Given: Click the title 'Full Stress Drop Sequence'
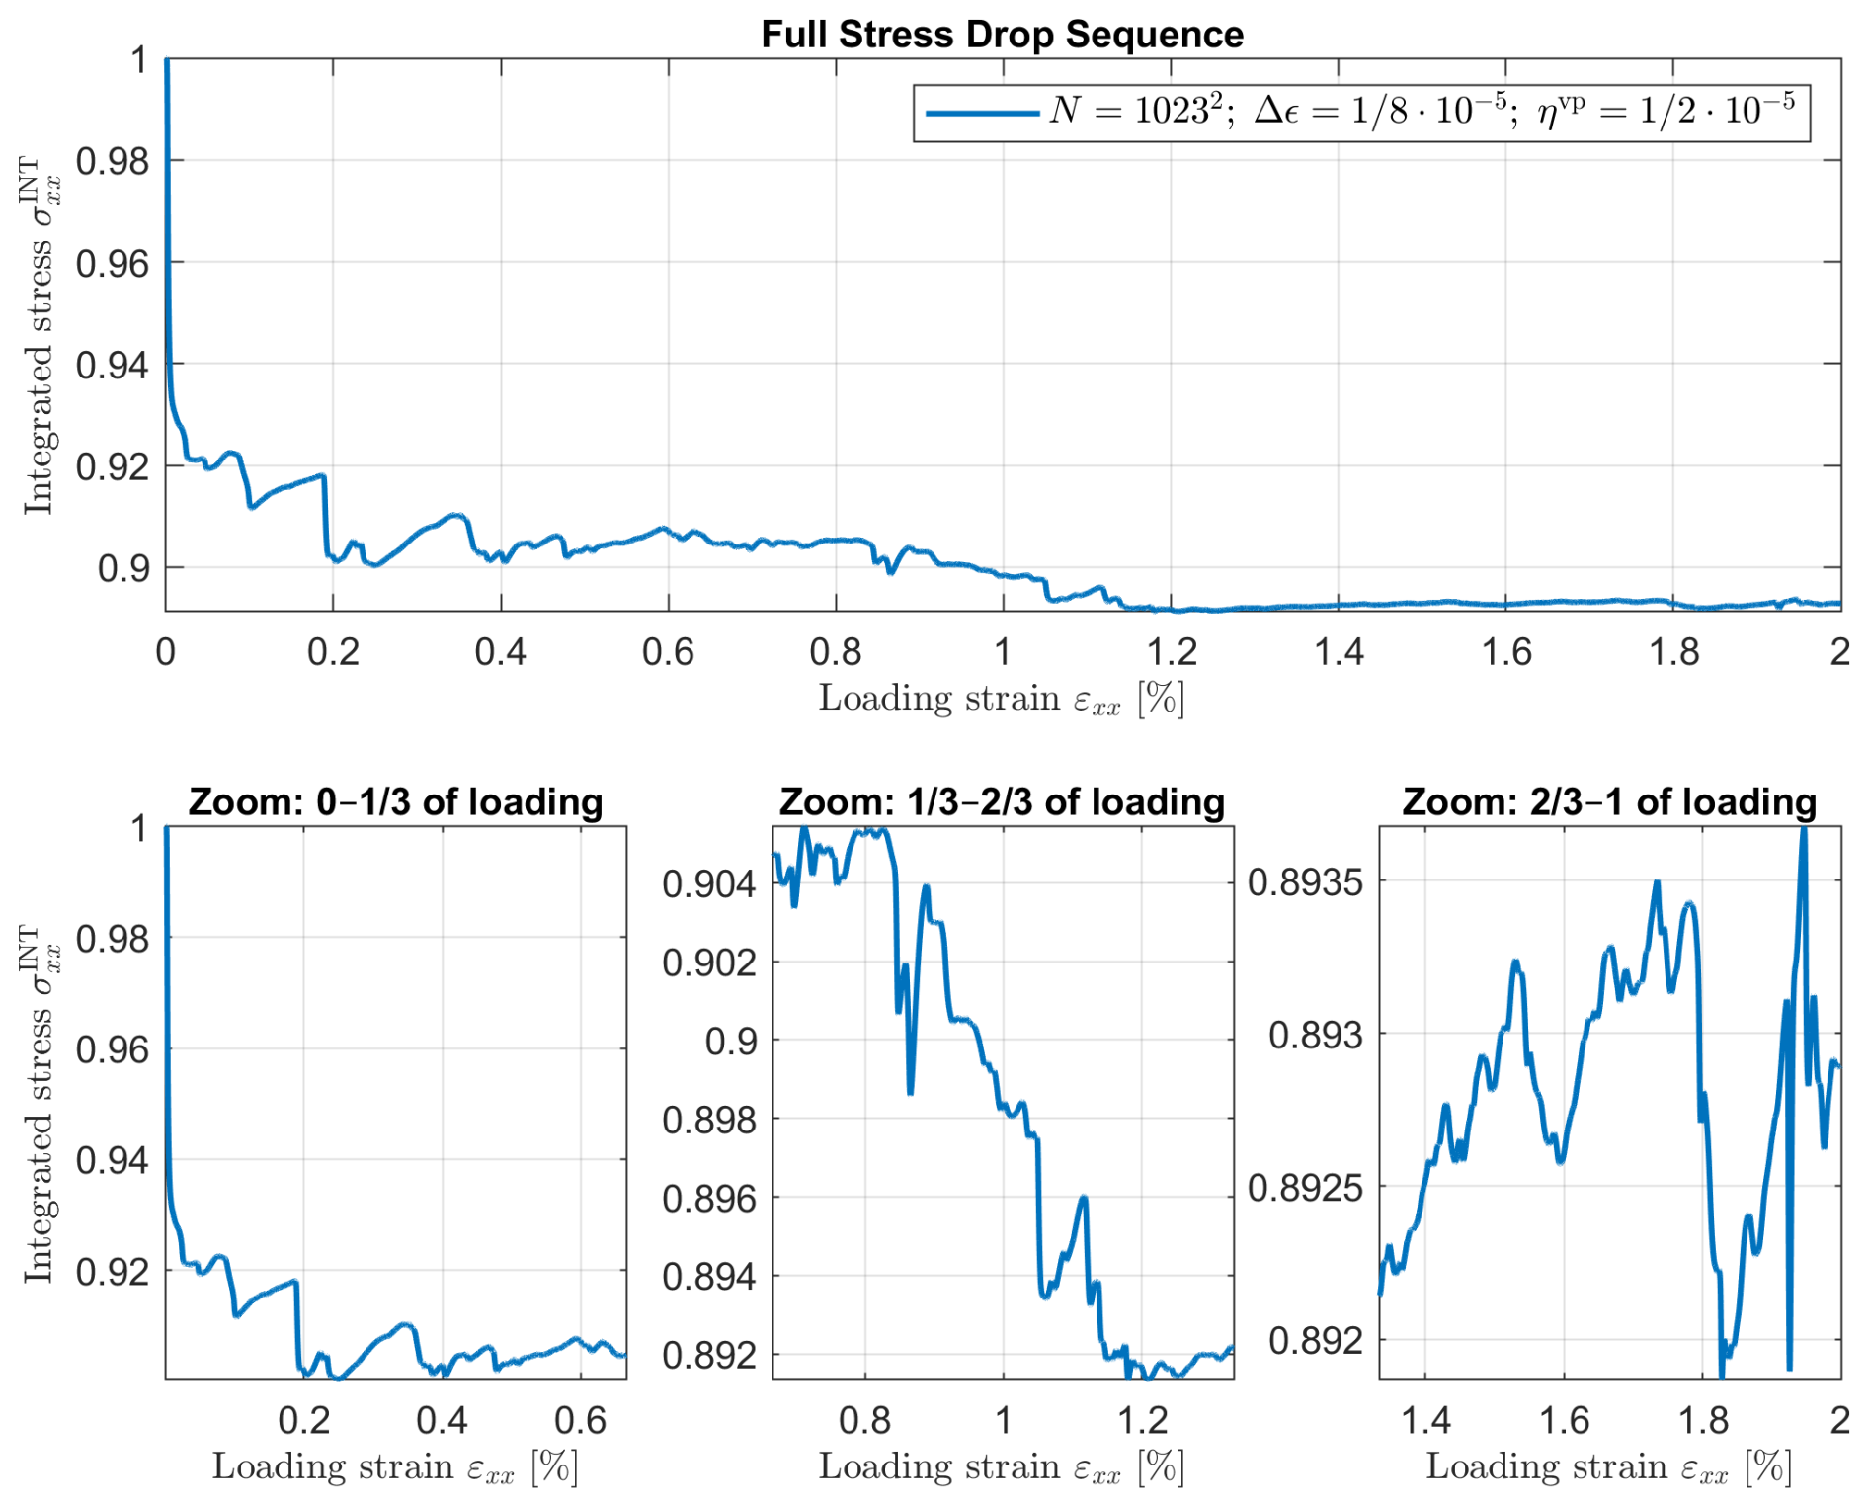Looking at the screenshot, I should [x=1002, y=35].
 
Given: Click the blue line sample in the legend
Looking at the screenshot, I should [x=982, y=113].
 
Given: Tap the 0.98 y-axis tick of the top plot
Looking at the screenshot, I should [x=112, y=161].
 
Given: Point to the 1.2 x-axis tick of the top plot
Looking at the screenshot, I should [x=1171, y=652].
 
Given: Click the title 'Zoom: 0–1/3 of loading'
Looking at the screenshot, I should [x=395, y=801].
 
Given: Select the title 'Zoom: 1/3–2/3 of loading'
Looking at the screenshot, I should [x=1002, y=801].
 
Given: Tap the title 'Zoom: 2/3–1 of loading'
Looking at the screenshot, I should [x=1609, y=801].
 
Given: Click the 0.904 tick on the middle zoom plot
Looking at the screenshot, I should [x=708, y=883].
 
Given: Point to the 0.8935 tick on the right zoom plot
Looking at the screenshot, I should [x=1304, y=881].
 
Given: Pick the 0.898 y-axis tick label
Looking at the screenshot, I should [x=708, y=1120].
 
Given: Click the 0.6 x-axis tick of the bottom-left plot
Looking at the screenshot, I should [x=580, y=1420].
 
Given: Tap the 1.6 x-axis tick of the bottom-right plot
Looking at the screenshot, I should [x=1565, y=1420].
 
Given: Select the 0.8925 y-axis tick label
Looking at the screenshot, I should [x=1304, y=1188].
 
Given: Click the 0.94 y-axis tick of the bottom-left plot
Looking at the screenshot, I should [x=112, y=1160].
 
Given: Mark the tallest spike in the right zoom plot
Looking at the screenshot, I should [x=1804, y=832].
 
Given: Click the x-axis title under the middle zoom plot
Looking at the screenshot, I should [x=1001, y=1467].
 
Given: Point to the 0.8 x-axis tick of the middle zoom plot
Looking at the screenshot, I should [x=865, y=1420].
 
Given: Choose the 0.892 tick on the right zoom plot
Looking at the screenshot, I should [x=1314, y=1341].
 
